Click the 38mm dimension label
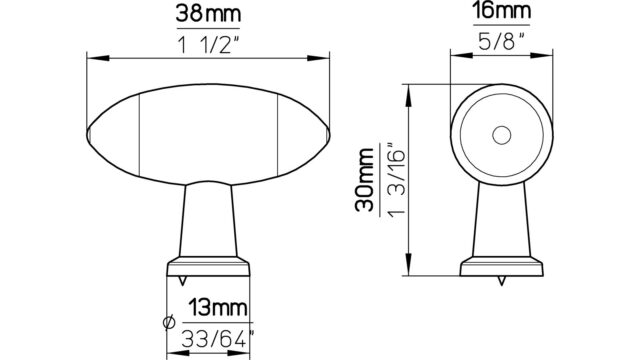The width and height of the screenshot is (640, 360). (x=208, y=13)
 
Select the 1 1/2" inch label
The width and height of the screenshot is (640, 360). (x=208, y=44)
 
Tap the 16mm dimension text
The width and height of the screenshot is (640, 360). (x=502, y=11)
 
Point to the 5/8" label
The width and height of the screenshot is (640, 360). (x=502, y=41)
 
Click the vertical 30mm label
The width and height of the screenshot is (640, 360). (x=364, y=180)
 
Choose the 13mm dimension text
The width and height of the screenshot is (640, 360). (x=218, y=308)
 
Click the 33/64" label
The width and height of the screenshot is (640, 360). (x=217, y=339)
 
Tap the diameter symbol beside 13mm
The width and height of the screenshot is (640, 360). (x=169, y=322)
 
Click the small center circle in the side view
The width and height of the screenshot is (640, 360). (x=502, y=136)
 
